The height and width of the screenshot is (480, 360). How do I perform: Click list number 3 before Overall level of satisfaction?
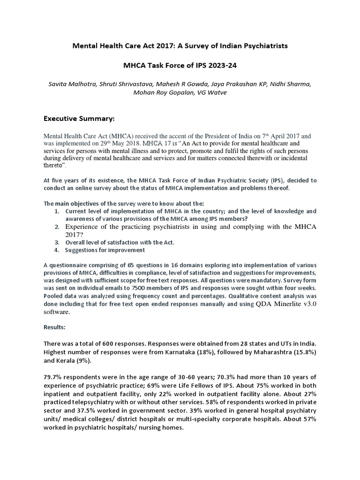pyautogui.click(x=56, y=242)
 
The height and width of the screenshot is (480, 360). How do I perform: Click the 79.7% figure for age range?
pyautogui.click(x=53, y=377)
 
